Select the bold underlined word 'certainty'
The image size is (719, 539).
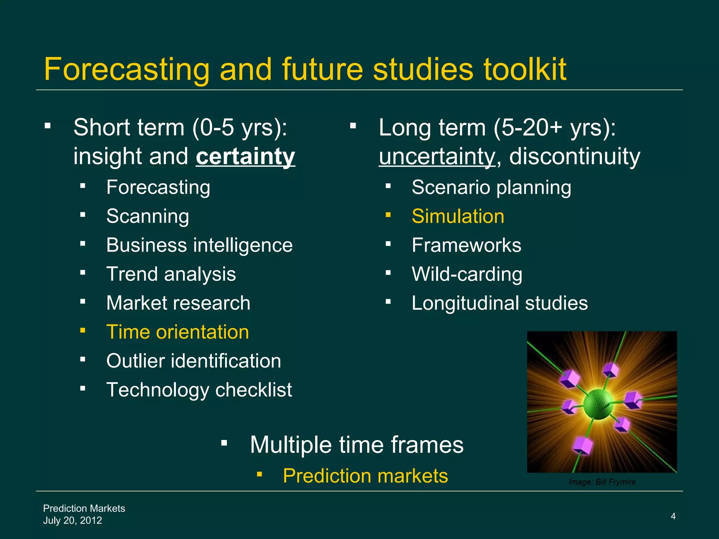tap(245, 157)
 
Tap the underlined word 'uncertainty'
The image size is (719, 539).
tap(437, 157)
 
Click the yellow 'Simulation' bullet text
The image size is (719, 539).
tap(458, 216)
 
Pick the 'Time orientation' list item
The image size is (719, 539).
tap(178, 332)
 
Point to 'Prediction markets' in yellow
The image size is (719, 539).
tap(365, 476)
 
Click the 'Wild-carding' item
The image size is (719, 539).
tap(467, 274)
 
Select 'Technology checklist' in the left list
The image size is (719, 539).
tap(199, 390)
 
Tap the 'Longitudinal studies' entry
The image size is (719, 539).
tap(499, 303)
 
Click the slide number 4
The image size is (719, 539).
tap(673, 516)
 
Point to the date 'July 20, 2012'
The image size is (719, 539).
tap(72, 520)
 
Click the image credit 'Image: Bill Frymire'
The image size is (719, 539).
tap(602, 482)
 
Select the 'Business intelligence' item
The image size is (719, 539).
tap(199, 245)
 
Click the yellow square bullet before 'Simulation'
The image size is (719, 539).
tap(388, 214)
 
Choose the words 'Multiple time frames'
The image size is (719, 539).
tap(356, 445)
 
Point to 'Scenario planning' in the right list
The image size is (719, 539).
tap(491, 187)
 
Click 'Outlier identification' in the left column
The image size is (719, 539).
tap(193, 361)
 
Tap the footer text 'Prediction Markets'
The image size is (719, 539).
tap(84, 508)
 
